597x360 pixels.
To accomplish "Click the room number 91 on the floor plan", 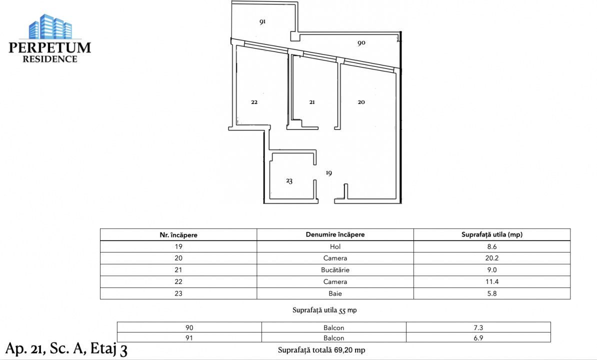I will pyautogui.click(x=262, y=22).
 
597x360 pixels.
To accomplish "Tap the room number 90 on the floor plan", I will pyautogui.click(x=361, y=43).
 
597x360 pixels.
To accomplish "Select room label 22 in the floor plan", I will pyautogui.click(x=254, y=102).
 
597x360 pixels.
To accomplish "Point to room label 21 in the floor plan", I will pyautogui.click(x=312, y=102).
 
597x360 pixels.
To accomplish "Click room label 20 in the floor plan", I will pyautogui.click(x=361, y=102).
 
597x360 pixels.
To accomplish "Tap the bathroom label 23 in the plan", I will pyautogui.click(x=289, y=181).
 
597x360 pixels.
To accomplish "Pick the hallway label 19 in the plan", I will pyautogui.click(x=328, y=173).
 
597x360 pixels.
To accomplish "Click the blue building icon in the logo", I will pyautogui.click(x=50, y=27).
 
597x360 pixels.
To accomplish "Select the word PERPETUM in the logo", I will pyautogui.click(x=50, y=47).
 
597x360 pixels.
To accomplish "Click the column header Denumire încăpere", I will pyautogui.click(x=335, y=234).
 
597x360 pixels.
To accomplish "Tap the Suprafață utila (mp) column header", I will pyautogui.click(x=491, y=234).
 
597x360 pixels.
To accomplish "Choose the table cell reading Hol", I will pyautogui.click(x=335, y=246).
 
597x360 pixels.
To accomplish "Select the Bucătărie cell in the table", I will pyautogui.click(x=335, y=270).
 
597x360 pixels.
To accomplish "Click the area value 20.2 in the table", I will pyautogui.click(x=491, y=258).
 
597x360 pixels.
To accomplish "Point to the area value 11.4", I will pyautogui.click(x=491, y=282).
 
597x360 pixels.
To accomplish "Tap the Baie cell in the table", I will pyautogui.click(x=335, y=293).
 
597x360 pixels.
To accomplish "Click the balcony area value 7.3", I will pyautogui.click(x=478, y=328).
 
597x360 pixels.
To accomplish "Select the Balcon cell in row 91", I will pyautogui.click(x=333, y=338).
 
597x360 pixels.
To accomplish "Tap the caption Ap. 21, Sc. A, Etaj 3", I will pyautogui.click(x=67, y=348).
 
